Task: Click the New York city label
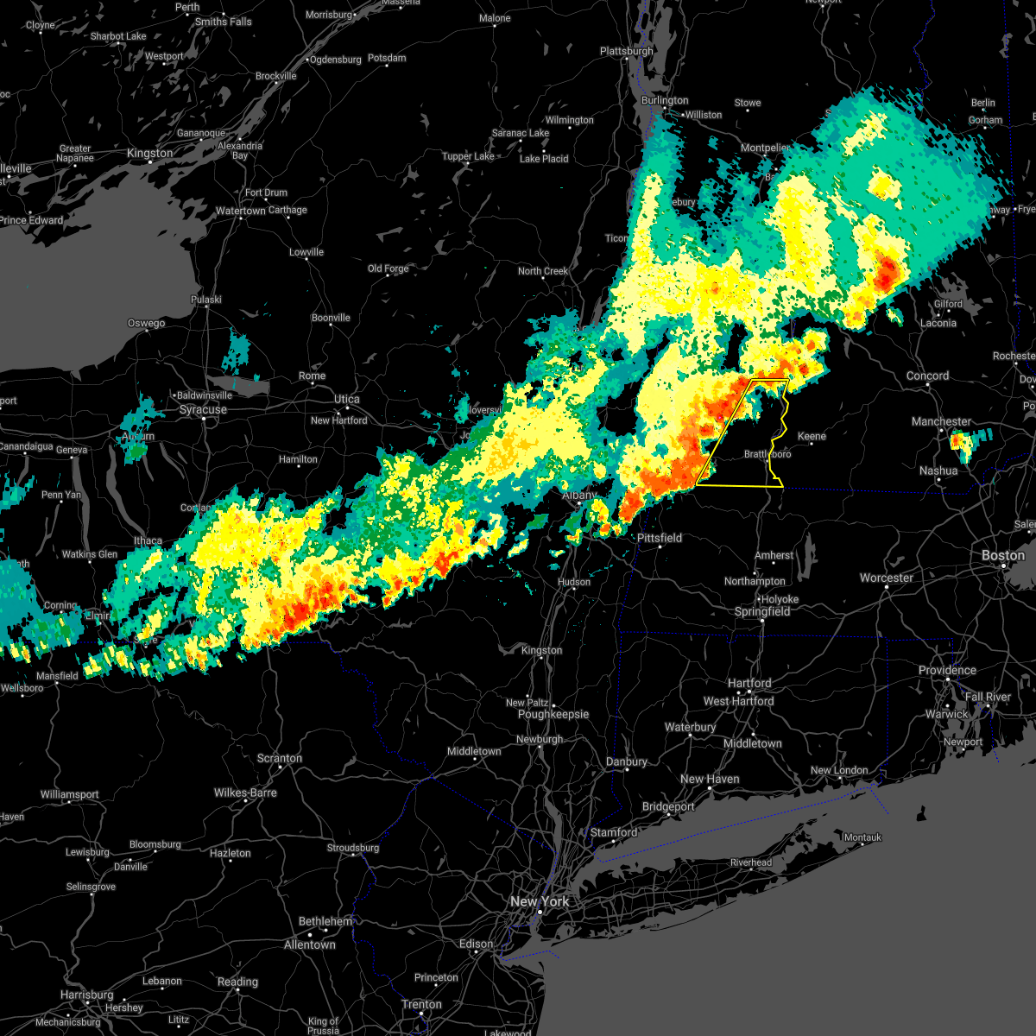coord(540,901)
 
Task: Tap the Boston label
coord(1003,555)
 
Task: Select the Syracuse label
coord(204,409)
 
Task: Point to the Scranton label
coord(279,759)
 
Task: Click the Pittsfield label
coord(660,538)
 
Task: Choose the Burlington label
coord(665,100)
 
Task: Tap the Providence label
coord(947,671)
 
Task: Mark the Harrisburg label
coord(87,995)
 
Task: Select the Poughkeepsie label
coord(553,715)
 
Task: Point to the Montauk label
coord(862,837)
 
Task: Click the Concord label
coord(927,376)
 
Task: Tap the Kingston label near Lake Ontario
coord(149,154)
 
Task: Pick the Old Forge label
coord(388,268)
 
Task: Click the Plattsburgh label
coord(627,51)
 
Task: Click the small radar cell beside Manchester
coord(959,442)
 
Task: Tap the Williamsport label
coord(70,794)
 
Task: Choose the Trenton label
coord(422,1005)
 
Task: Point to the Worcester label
coord(887,578)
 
